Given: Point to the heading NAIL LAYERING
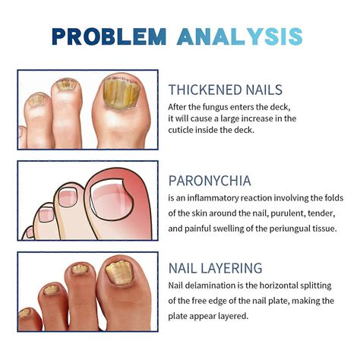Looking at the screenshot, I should (x=216, y=268).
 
